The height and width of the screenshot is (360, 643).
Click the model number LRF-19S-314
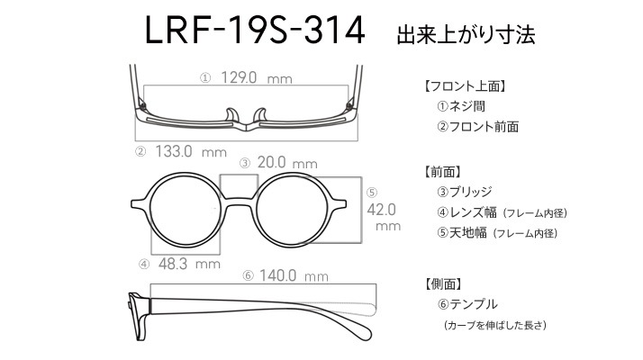pos(255,31)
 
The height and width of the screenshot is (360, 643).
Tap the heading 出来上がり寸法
pos(466,35)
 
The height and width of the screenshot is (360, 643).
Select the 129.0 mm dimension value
pos(257,77)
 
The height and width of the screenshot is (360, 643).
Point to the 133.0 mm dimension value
pos(191,152)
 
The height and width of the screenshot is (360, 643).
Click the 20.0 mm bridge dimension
pos(287,163)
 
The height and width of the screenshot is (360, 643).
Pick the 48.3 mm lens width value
pos(189,264)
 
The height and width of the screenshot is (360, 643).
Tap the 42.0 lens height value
pos(381,210)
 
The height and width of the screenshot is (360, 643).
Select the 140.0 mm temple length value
pos(294,275)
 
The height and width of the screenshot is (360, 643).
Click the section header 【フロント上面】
pos(465,86)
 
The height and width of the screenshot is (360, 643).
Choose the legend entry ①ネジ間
pos(461,106)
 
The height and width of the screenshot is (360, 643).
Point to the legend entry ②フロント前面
pos(477,127)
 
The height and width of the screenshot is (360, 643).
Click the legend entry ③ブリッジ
pos(465,192)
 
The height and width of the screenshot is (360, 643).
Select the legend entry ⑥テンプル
pos(467,304)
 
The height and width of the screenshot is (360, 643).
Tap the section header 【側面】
pos(444,283)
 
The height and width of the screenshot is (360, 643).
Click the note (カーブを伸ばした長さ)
pos(495,326)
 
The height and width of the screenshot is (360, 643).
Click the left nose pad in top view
pos(231,115)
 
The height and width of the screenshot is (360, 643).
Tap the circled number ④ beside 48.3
pos(144,264)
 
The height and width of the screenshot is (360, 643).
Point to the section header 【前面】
pos(443,172)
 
